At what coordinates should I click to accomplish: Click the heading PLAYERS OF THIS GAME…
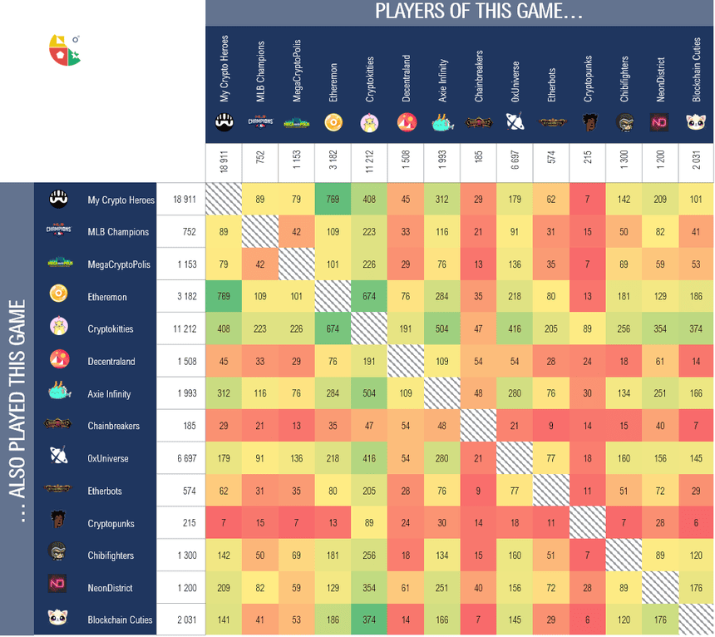tap(478, 12)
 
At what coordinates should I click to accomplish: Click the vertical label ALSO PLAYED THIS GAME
tap(17, 407)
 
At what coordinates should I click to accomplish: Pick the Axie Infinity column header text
tap(443, 81)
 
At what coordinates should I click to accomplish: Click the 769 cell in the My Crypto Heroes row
tap(333, 200)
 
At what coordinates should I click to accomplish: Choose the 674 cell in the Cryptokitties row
tap(333, 329)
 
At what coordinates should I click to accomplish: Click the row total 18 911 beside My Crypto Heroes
tap(184, 200)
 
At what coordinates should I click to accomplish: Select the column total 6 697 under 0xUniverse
tap(515, 158)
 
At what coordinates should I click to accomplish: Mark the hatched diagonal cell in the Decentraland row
tap(406, 362)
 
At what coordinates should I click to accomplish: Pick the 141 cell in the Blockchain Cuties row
tap(224, 620)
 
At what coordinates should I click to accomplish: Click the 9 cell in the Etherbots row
tap(478, 491)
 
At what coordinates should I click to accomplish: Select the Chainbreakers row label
tap(114, 427)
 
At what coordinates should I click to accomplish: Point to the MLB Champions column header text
tap(260, 72)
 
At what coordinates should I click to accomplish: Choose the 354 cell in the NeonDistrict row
tap(368, 588)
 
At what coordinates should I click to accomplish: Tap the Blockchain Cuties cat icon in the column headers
tap(696, 122)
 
